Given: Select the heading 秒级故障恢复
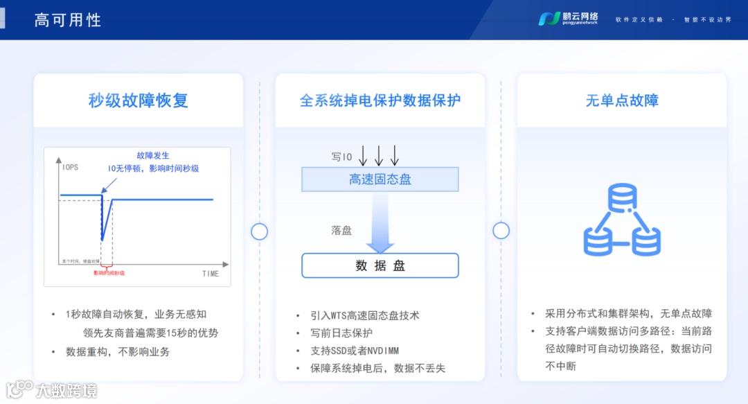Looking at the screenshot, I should pyautogui.click(x=139, y=100).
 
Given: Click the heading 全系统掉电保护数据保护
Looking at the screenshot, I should pyautogui.click(x=380, y=100).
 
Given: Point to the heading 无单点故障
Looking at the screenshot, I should pyautogui.click(x=622, y=100).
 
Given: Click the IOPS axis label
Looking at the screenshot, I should pyautogui.click(x=70, y=168).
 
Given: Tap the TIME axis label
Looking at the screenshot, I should pyautogui.click(x=211, y=274).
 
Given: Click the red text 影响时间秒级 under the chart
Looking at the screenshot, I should pyautogui.click(x=109, y=273).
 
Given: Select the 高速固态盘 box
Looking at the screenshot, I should pyautogui.click(x=380, y=180).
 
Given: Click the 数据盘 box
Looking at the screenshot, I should pyautogui.click(x=380, y=265).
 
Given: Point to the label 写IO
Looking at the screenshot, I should pyautogui.click(x=342, y=157).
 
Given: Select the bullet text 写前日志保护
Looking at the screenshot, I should pyautogui.click(x=343, y=333).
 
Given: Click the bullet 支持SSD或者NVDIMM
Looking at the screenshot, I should pyautogui.click(x=355, y=351).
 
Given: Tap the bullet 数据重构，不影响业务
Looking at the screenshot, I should pyautogui.click(x=118, y=351).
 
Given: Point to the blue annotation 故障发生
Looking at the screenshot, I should pyautogui.click(x=153, y=155).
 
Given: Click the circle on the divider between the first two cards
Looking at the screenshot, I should pyautogui.click(x=259, y=231).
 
